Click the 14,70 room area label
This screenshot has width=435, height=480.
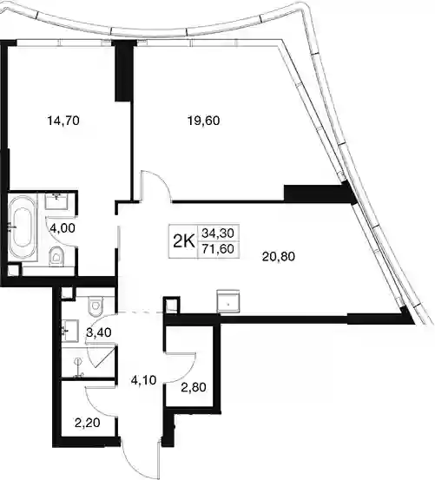click(63, 121)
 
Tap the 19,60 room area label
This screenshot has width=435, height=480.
click(203, 121)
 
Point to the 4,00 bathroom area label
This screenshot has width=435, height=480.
click(63, 228)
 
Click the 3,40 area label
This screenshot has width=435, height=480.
click(99, 332)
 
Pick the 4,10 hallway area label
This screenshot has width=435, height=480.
click(143, 380)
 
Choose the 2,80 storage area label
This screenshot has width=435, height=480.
click(194, 387)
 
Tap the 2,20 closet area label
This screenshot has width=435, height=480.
click(87, 423)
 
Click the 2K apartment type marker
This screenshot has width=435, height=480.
click(184, 242)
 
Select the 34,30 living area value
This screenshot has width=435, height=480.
click(218, 233)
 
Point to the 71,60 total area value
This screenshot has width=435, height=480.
click(218, 249)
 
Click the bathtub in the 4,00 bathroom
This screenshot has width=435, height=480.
click(22, 228)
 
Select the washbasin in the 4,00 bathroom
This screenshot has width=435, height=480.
click(56, 201)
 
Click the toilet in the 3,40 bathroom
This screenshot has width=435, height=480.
click(96, 307)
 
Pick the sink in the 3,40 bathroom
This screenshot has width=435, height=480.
click(70, 331)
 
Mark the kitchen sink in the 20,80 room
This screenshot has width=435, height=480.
click(227, 301)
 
